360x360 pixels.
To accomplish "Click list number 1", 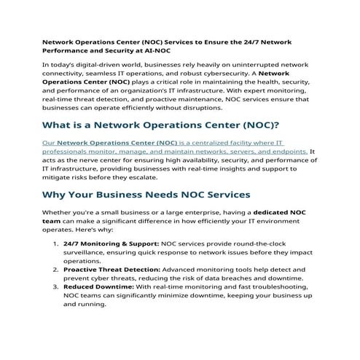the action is (x=55, y=241).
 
